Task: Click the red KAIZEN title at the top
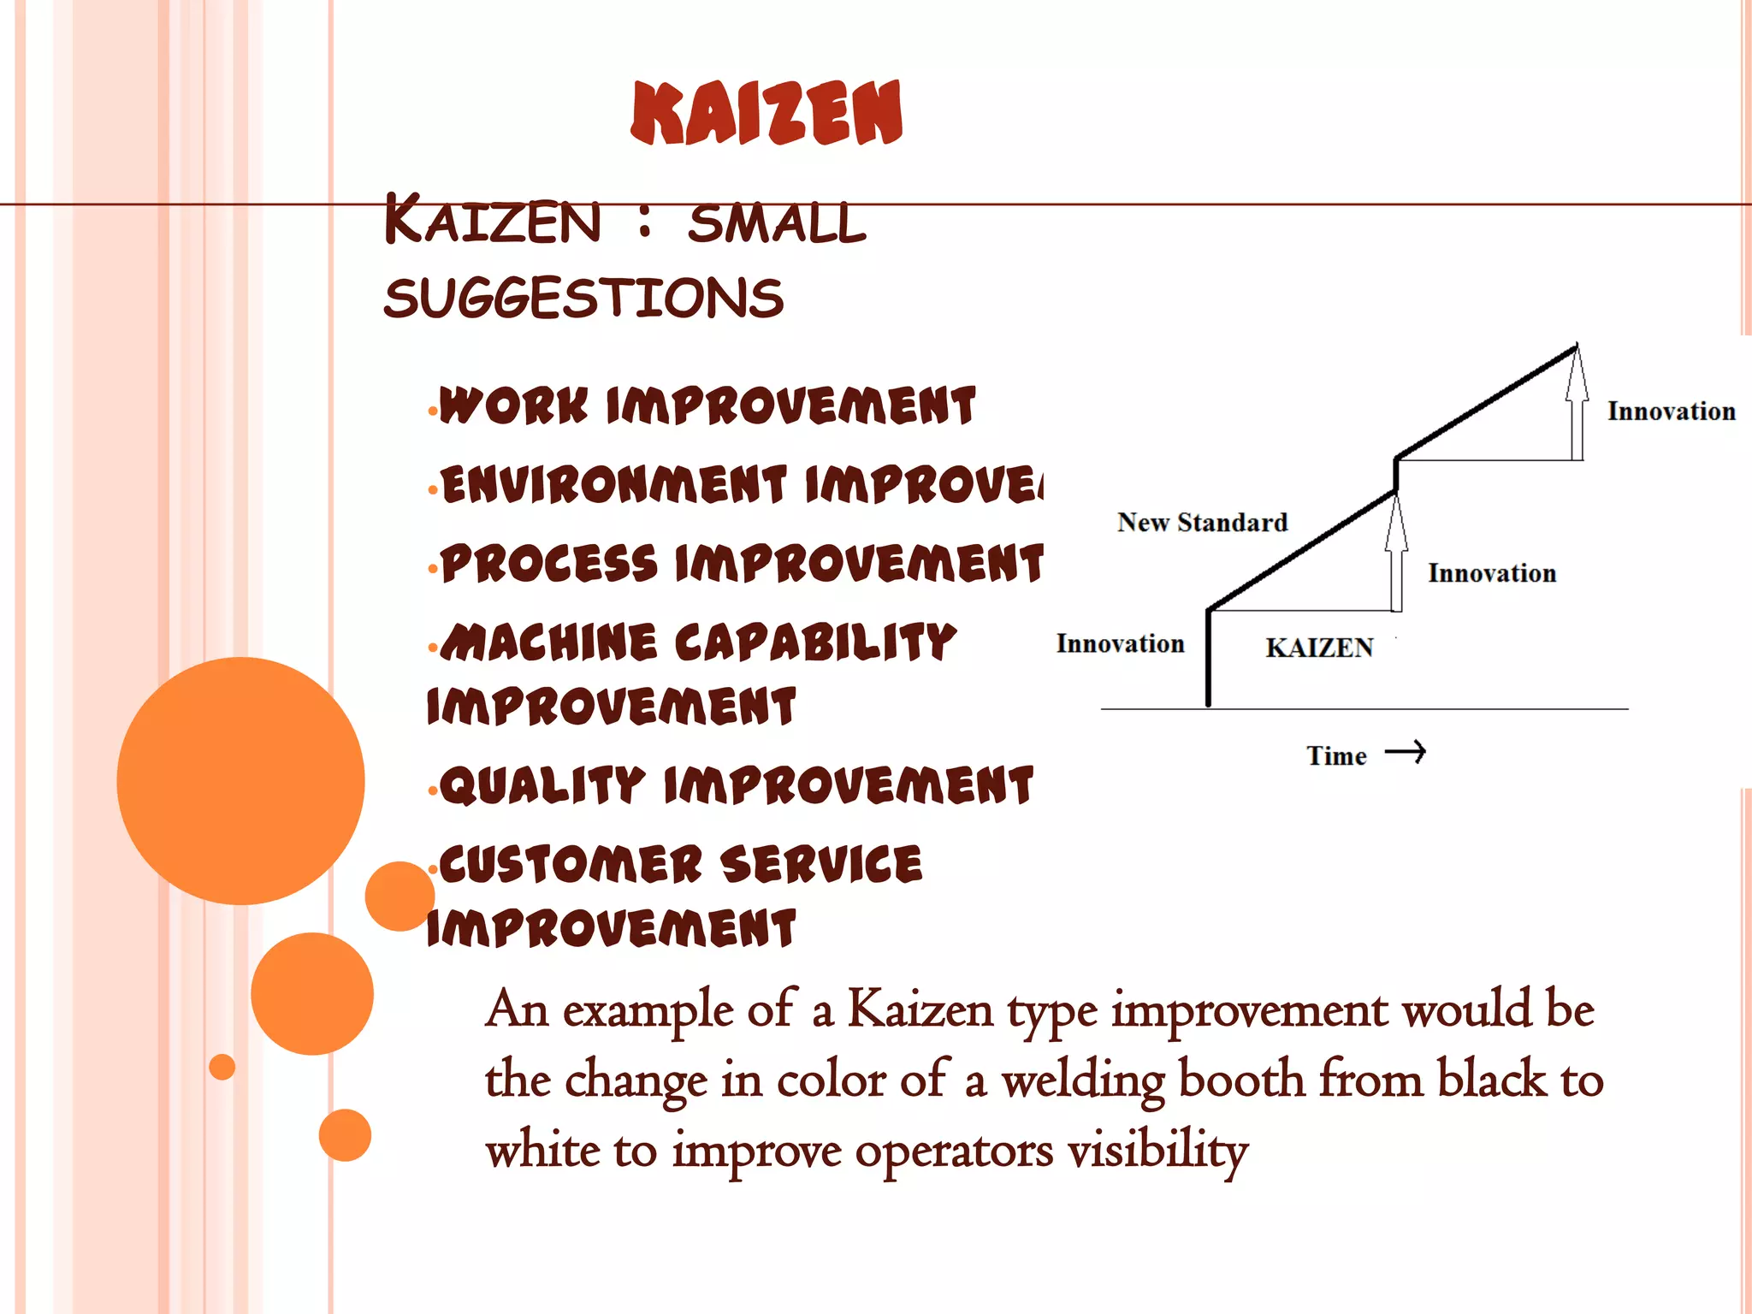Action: [x=766, y=113]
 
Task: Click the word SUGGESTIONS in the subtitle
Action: [x=583, y=299]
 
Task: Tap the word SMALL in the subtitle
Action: [x=777, y=224]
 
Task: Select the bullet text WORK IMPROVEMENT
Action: [x=707, y=405]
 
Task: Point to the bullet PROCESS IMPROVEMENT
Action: [x=742, y=564]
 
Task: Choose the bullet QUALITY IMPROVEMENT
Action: [x=736, y=785]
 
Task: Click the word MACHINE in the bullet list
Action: [x=561, y=642]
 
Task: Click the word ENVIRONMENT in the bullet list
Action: [x=614, y=485]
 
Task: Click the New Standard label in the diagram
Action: [x=1202, y=523]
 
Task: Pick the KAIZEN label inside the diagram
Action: [x=1319, y=648]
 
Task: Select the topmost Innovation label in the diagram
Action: [x=1671, y=411]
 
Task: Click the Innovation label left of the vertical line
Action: [x=1120, y=644]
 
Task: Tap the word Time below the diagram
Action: [x=1336, y=756]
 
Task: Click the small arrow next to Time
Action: [x=1406, y=752]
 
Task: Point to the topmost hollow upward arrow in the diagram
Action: [x=1577, y=402]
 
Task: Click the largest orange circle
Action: [x=240, y=780]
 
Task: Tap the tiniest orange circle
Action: [x=222, y=1067]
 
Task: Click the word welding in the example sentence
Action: [x=1083, y=1080]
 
